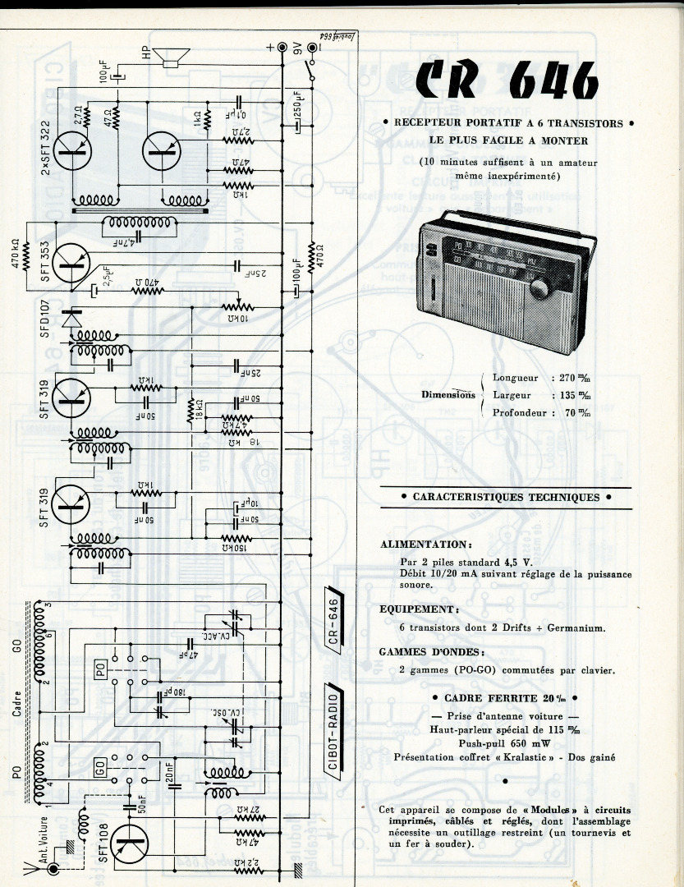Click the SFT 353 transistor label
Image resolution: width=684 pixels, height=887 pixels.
click(x=46, y=260)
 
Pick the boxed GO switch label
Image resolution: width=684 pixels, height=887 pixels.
click(x=100, y=770)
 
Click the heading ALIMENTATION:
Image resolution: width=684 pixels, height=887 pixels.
click(x=425, y=544)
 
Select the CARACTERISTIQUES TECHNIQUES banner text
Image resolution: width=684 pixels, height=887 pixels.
click(x=506, y=497)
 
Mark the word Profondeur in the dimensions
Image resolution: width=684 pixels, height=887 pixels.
click(x=520, y=412)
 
